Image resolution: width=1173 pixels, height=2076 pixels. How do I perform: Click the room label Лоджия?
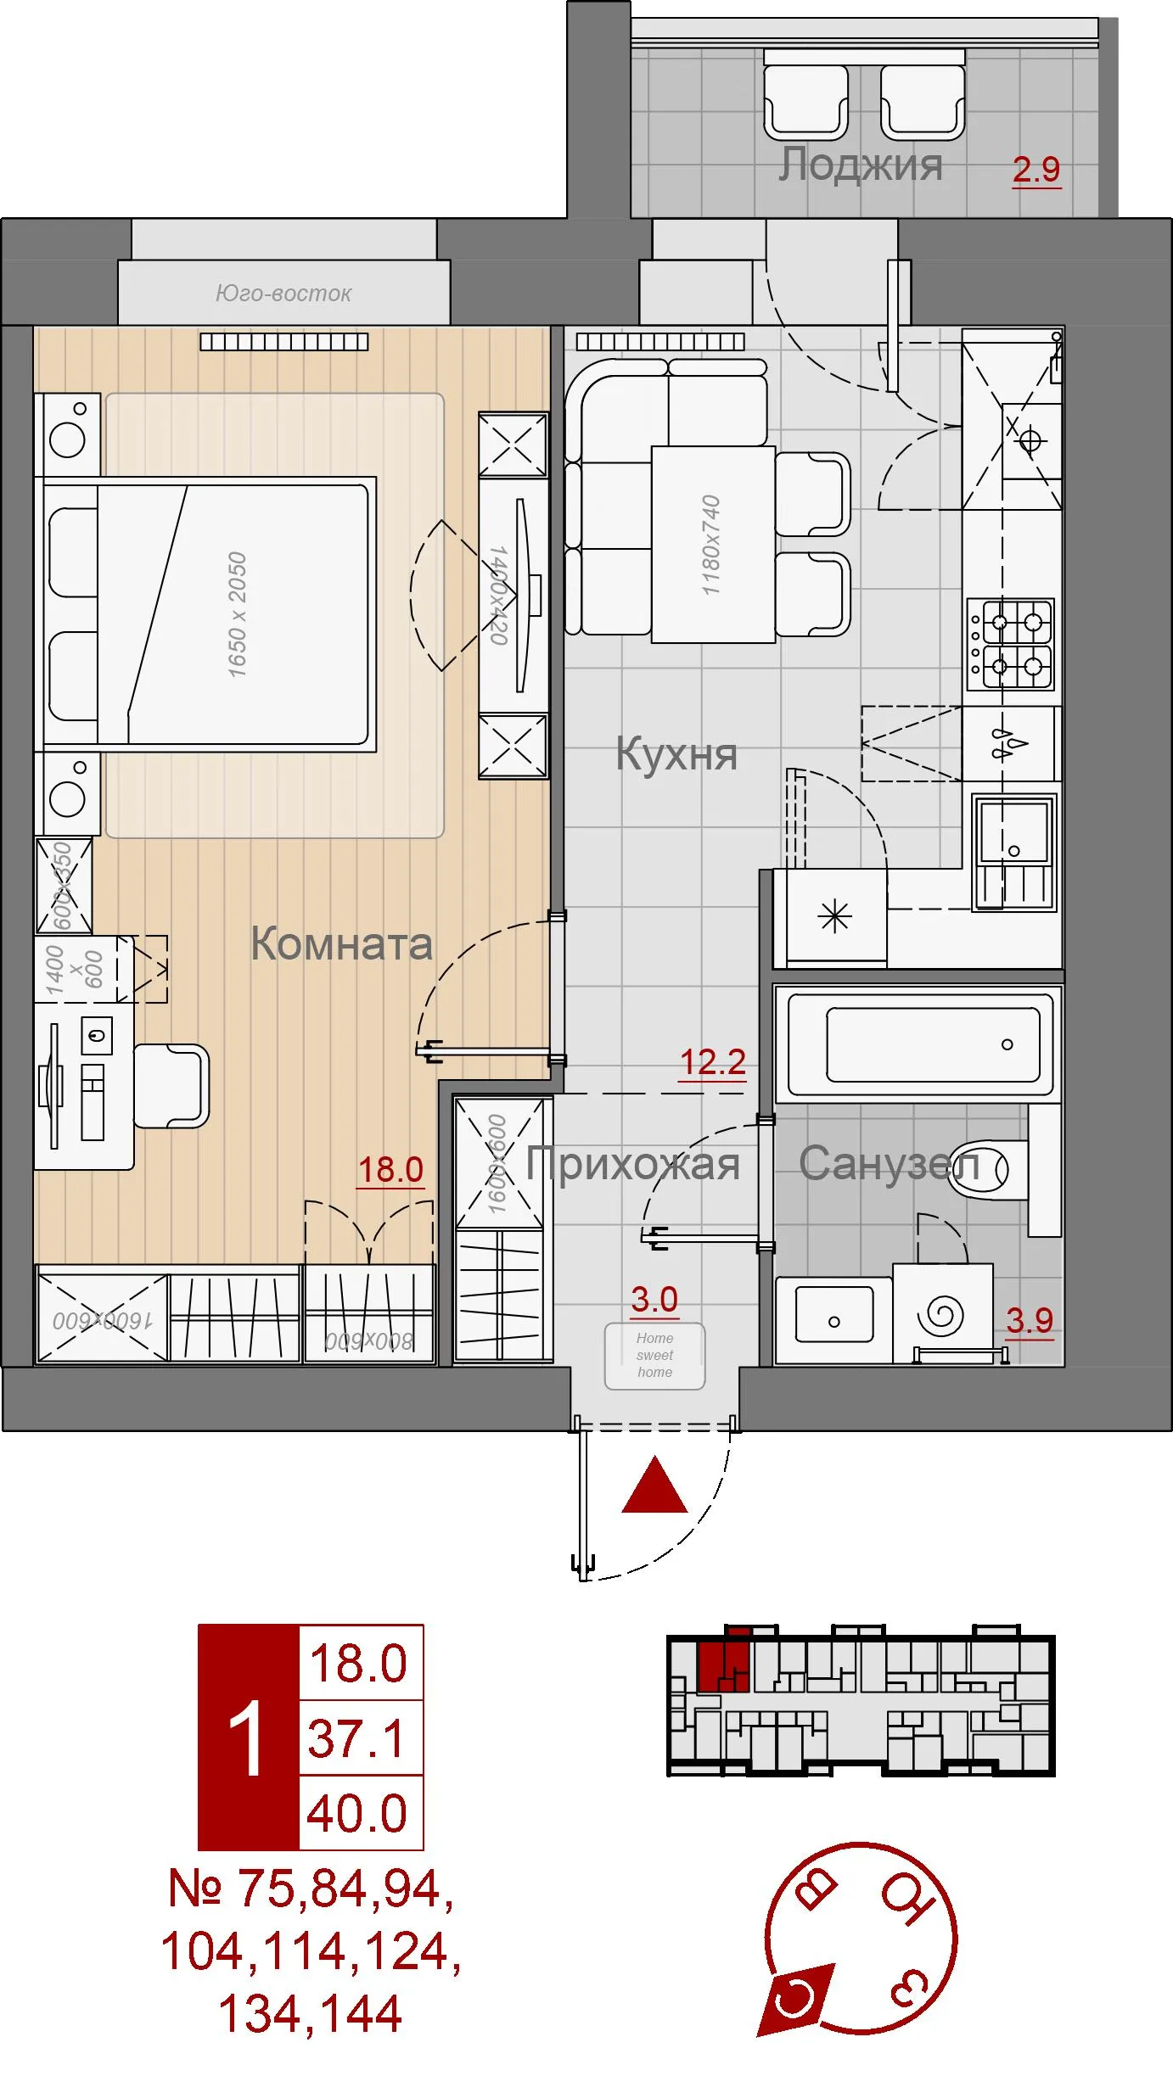click(860, 164)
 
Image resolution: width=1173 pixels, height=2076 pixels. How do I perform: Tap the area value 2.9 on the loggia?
click(1036, 171)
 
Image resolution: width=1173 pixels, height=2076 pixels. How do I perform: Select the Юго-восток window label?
click(283, 294)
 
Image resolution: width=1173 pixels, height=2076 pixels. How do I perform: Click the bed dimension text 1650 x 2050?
click(237, 614)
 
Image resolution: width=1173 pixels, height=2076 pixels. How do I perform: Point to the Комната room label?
click(341, 943)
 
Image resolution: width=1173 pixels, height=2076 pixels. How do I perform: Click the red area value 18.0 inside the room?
click(390, 1170)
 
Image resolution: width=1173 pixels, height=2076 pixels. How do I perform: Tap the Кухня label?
click(676, 753)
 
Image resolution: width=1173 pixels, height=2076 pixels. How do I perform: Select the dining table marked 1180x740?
click(712, 544)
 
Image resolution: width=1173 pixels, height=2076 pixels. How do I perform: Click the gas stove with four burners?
click(1010, 644)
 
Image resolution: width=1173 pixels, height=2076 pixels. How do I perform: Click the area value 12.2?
click(712, 1062)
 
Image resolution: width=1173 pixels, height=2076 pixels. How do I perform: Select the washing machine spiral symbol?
click(941, 1316)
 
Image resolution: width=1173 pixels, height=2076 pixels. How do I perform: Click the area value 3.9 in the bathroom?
click(1029, 1321)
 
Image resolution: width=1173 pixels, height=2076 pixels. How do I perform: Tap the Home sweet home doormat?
click(654, 1355)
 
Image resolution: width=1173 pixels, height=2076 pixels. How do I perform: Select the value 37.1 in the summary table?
click(357, 1739)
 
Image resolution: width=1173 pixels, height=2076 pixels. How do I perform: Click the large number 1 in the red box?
click(249, 1739)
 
